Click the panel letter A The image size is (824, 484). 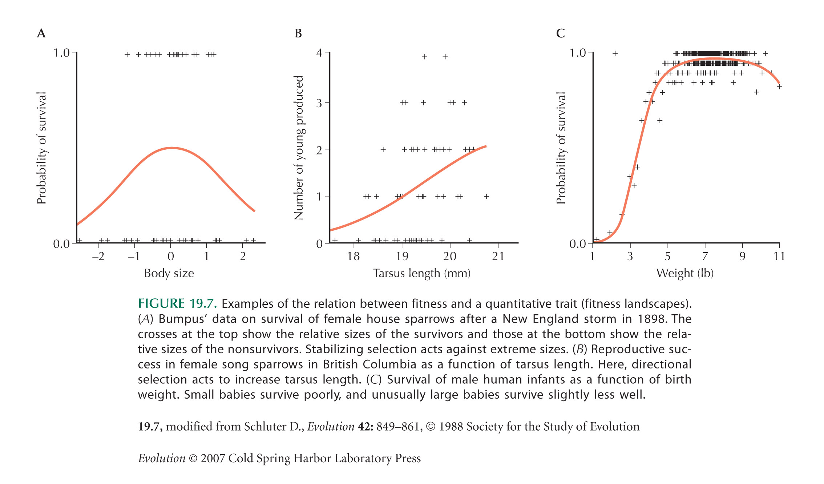click(41, 33)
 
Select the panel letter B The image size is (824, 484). click(298, 33)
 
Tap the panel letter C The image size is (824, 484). click(560, 33)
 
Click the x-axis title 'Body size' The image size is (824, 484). click(169, 273)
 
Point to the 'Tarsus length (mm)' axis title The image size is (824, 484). click(422, 273)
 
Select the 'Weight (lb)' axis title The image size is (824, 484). click(685, 273)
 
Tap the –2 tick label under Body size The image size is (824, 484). click(98, 257)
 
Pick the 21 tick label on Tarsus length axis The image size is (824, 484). click(498, 257)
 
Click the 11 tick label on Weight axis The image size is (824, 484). click(779, 257)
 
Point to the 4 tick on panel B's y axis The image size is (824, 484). click(319, 53)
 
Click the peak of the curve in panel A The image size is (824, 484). click(171, 148)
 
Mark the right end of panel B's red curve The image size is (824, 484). click(486, 146)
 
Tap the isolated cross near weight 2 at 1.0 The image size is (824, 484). click(615, 53)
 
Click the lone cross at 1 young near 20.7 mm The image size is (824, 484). click(486, 197)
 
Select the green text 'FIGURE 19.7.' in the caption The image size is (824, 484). click(177, 303)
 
